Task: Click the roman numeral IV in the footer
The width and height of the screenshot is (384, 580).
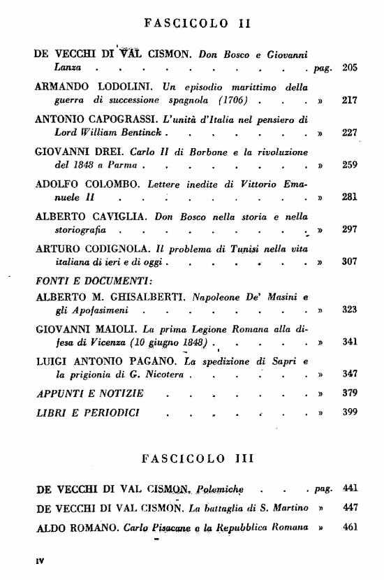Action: pos(40,560)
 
